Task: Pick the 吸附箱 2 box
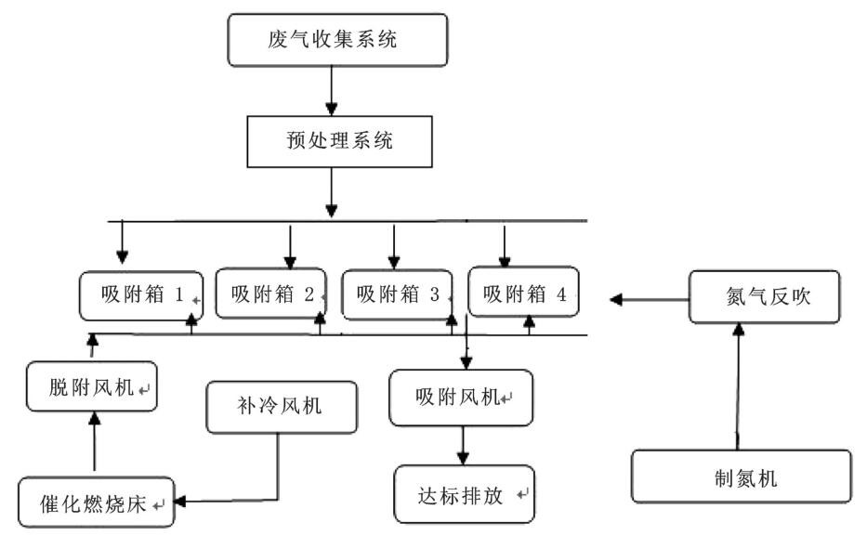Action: coord(271,294)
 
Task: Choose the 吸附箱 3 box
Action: coord(397,294)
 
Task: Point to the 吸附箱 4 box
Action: coord(523,294)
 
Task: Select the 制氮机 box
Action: coord(740,479)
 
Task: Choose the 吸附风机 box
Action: coord(461,398)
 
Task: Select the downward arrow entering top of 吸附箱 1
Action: coord(121,245)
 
